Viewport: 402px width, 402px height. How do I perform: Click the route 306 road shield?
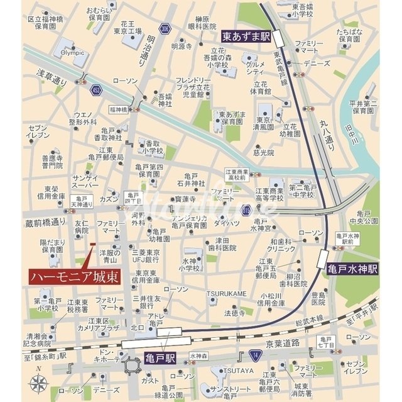164,28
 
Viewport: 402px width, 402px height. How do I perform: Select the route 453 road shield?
94,91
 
